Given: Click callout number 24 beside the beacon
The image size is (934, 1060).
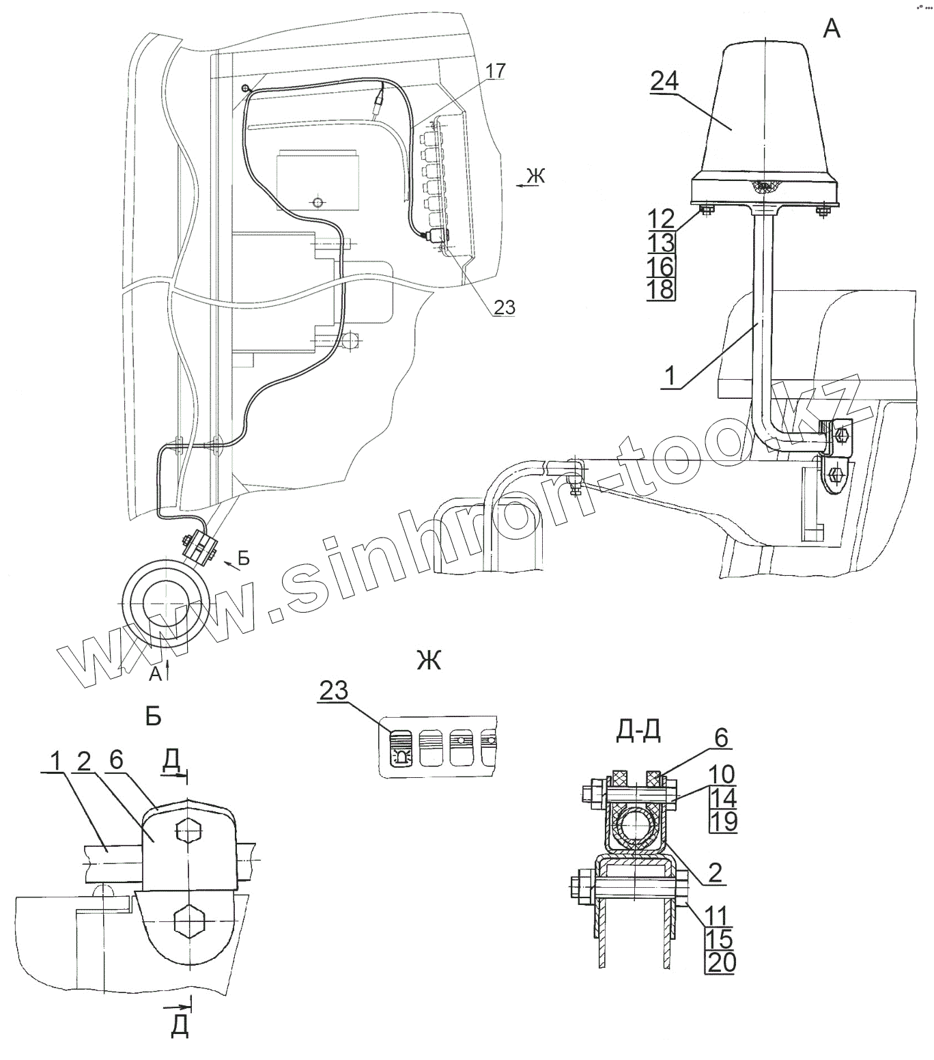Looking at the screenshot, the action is pos(664,82).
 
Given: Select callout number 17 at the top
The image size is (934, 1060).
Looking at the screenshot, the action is pos(496,70).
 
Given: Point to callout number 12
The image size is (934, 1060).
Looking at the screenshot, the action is pos(660,219).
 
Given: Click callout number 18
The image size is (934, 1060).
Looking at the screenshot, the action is pos(660,289).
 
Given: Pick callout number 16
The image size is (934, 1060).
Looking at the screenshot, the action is pos(660,266).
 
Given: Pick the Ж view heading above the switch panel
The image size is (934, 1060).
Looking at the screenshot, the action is pos(428,660).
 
